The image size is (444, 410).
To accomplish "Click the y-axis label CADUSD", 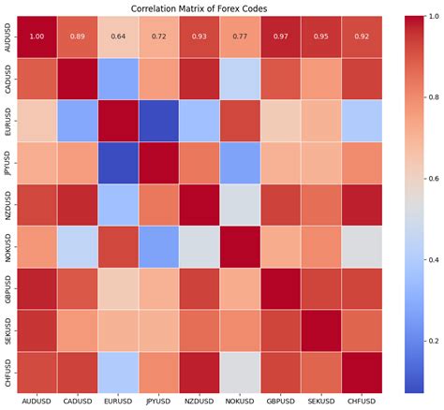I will [8, 79].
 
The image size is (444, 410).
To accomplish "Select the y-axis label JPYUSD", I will [8, 162].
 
